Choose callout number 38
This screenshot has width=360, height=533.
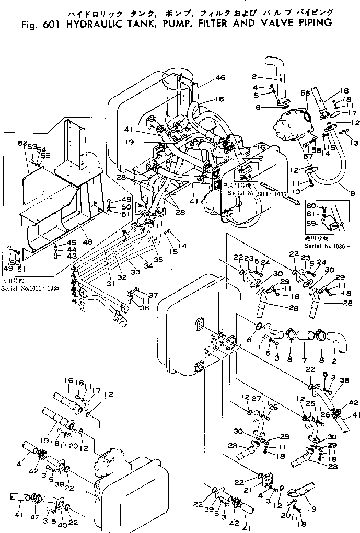point(345,380)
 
